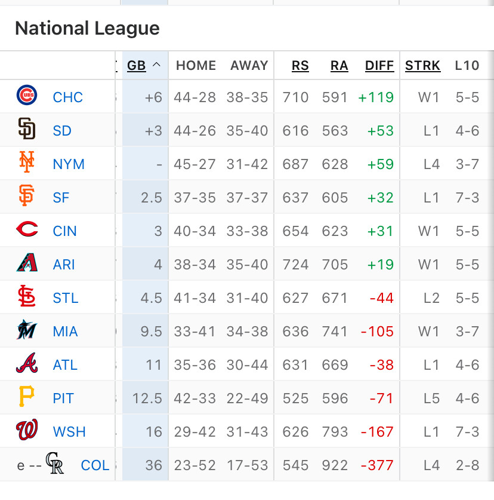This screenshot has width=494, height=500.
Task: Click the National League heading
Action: [x=87, y=28]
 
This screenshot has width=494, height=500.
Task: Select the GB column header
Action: [x=137, y=66]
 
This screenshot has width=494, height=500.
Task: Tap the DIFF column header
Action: [x=379, y=66]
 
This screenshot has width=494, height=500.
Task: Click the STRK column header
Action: [x=422, y=66]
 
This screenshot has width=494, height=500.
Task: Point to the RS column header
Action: [x=300, y=66]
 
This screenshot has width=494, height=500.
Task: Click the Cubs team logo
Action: [x=27, y=96]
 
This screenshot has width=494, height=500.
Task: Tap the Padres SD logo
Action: [x=27, y=129]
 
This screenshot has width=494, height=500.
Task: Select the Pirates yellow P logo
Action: [x=27, y=397]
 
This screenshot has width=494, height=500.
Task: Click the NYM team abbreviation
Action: [x=69, y=164]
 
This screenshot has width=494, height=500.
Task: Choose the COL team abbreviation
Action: [x=95, y=465]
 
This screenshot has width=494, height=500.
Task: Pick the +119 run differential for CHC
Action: [x=376, y=97]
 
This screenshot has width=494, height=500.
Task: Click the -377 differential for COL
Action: [x=377, y=465]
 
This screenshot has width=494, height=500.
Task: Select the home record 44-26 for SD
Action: [x=194, y=131]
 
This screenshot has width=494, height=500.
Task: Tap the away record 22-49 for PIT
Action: [x=249, y=398]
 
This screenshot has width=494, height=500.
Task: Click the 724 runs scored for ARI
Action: [x=296, y=265]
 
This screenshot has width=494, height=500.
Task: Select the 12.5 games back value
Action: [x=147, y=398]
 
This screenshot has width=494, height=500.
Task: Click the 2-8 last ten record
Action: [x=467, y=465]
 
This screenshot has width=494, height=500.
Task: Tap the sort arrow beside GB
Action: [x=157, y=65]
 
